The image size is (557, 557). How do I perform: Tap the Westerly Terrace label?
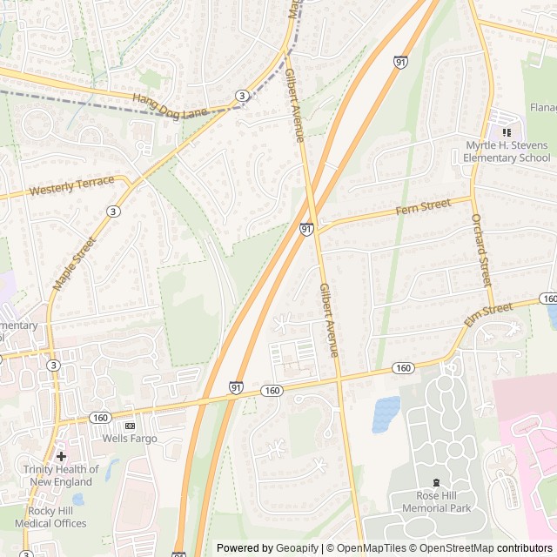point(71,186)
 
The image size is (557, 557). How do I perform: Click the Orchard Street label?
point(481,250)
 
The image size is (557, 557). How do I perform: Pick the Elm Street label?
point(488,314)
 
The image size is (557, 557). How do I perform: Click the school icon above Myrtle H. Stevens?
point(507,131)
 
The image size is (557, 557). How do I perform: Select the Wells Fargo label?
point(130,439)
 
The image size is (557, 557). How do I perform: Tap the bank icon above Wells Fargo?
point(130,426)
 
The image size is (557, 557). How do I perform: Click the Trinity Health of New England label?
point(61,476)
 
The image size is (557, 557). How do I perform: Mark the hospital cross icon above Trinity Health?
point(61,456)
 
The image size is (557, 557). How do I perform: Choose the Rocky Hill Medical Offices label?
point(50,517)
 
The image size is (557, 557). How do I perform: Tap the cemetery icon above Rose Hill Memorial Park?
point(436,482)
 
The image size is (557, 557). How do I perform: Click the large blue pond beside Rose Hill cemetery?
point(386,413)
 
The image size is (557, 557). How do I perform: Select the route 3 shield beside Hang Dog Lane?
point(241,95)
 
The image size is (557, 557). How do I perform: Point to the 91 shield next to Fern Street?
point(306,228)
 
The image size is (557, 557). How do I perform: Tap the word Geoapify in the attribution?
point(297,548)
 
